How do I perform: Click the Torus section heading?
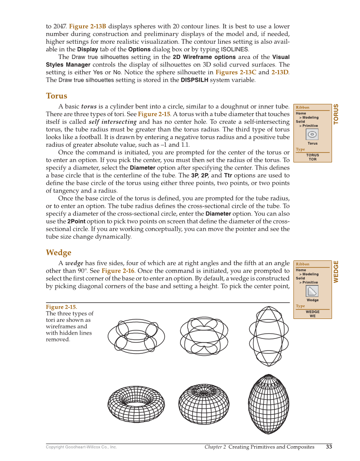point(56,96)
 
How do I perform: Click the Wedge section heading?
point(59,253)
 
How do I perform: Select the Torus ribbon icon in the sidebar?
point(312,134)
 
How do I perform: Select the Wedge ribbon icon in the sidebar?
point(312,291)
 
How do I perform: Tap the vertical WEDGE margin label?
point(336,271)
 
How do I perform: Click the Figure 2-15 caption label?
point(61,307)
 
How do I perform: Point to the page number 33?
point(329,447)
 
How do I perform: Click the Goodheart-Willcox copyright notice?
point(81,447)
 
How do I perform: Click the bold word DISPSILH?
point(194,80)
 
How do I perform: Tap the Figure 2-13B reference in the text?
point(87,26)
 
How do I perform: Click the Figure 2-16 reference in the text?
point(117,271)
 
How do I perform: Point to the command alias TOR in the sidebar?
point(313,159)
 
